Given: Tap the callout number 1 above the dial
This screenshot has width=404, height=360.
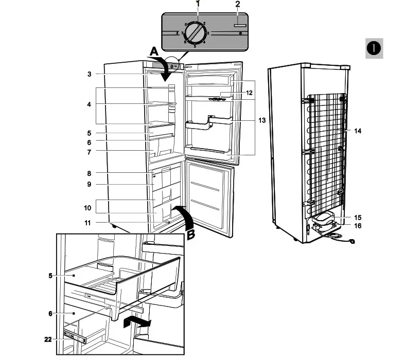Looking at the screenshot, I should point(198,4).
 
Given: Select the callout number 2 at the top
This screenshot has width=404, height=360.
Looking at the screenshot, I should point(238,4).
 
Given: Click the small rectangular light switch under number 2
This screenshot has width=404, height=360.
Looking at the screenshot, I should point(238,25).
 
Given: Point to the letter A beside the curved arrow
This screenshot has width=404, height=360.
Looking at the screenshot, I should point(154,51).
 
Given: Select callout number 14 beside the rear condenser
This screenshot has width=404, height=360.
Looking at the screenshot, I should point(358,131).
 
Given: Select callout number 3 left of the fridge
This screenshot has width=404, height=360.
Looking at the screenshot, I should point(89,75).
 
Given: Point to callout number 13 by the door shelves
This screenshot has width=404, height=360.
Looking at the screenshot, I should point(262,120).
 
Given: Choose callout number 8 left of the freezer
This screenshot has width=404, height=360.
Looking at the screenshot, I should point(89,174).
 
